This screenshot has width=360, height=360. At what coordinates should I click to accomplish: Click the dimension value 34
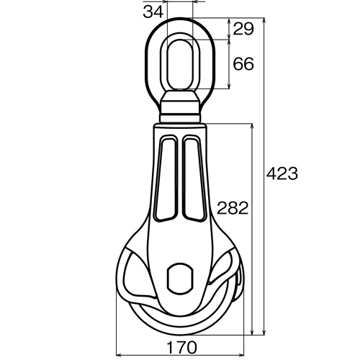tap(151, 11)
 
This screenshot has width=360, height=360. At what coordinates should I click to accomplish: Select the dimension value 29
tap(243, 29)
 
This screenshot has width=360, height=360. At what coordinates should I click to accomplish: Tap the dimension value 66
tap(243, 64)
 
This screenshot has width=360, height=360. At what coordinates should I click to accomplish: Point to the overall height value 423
tap(282, 174)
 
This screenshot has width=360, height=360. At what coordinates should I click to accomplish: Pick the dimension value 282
tap(232, 209)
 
